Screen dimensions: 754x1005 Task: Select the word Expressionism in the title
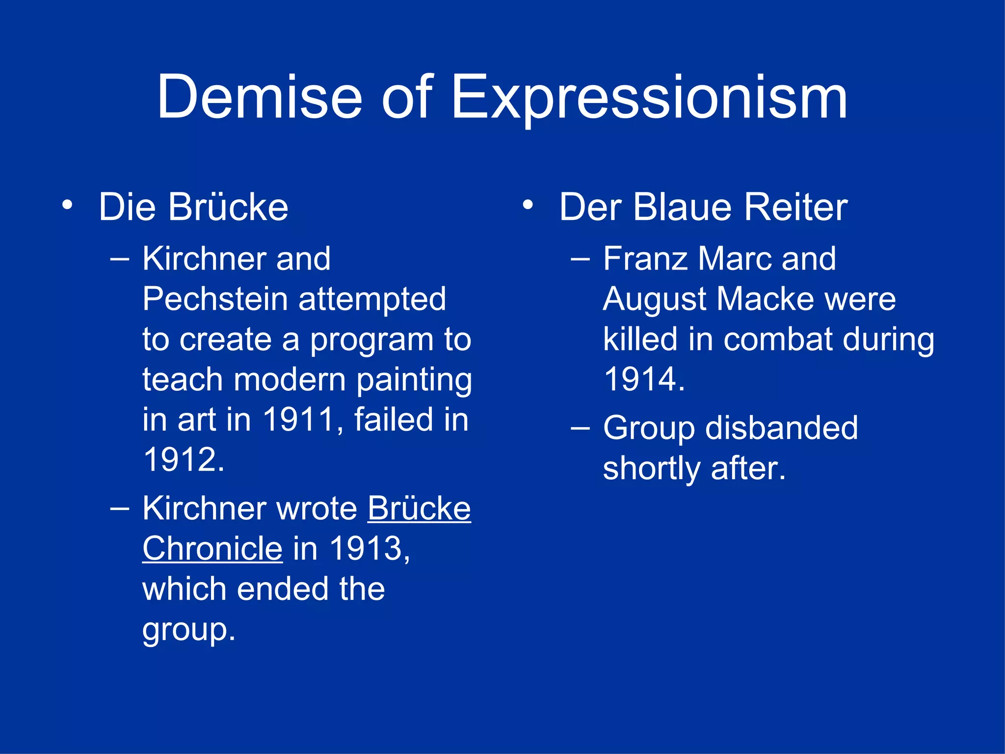pos(649,98)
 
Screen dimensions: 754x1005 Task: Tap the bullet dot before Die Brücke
pos(67,205)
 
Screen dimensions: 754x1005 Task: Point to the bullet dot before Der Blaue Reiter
pos(528,205)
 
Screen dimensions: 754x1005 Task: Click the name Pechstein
pos(215,299)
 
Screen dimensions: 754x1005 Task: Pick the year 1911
pos(298,420)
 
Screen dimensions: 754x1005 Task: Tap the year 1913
pos(366,548)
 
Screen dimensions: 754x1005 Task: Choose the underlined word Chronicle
pos(212,548)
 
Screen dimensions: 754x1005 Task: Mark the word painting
pos(414,380)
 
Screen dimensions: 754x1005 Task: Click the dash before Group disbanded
pos(580,429)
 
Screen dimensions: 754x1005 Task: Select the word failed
pos(394,420)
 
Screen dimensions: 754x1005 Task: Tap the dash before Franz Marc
pos(580,259)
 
